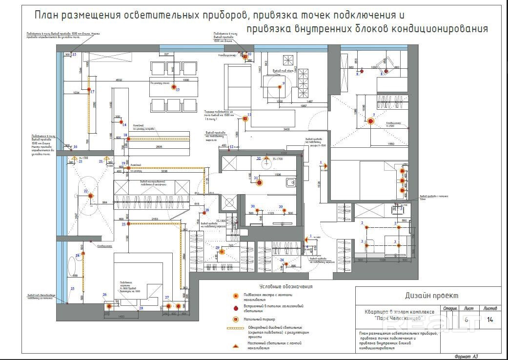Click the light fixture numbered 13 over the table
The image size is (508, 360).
click(173, 87)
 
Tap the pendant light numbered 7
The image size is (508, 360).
click(370, 121)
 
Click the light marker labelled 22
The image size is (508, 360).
click(91, 196)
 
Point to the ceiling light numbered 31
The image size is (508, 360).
click(260, 183)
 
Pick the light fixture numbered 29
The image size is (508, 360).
click(221, 252)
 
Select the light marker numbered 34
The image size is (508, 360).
click(286, 264)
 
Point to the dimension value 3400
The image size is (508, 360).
click(286, 129)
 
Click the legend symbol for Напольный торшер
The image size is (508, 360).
click(235, 319)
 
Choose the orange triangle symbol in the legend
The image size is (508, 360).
click(235, 345)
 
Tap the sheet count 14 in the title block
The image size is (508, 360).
click(490, 320)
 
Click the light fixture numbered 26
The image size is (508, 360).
click(109, 306)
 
